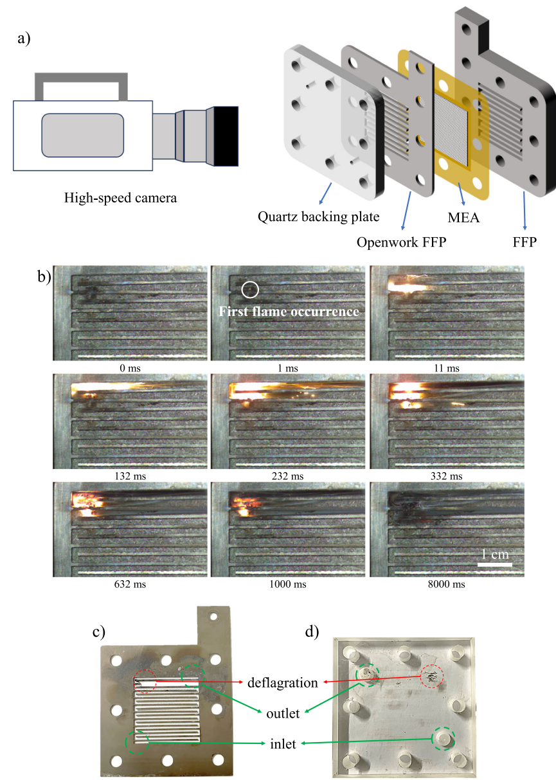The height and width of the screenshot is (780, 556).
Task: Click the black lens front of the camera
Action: (226, 136)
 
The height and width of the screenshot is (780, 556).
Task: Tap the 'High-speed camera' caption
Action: (120, 198)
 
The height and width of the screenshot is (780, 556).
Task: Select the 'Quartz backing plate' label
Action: (318, 217)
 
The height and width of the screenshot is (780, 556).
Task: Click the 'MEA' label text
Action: (463, 217)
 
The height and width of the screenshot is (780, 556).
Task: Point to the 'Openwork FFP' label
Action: (401, 242)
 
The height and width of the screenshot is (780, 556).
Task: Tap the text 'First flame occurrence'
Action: (289, 312)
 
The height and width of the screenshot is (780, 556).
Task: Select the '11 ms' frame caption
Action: (447, 368)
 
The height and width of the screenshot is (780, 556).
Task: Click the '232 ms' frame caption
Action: (288, 476)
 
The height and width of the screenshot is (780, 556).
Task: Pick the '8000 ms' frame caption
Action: (447, 584)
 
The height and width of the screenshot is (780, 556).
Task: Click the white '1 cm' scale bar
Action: (495, 565)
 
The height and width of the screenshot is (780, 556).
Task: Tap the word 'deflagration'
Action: (283, 683)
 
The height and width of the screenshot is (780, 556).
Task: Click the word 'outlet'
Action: (283, 713)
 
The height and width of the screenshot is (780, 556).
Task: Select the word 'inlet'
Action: (283, 744)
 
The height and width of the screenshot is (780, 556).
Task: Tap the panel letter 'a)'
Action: (24, 39)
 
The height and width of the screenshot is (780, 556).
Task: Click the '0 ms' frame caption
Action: (130, 368)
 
